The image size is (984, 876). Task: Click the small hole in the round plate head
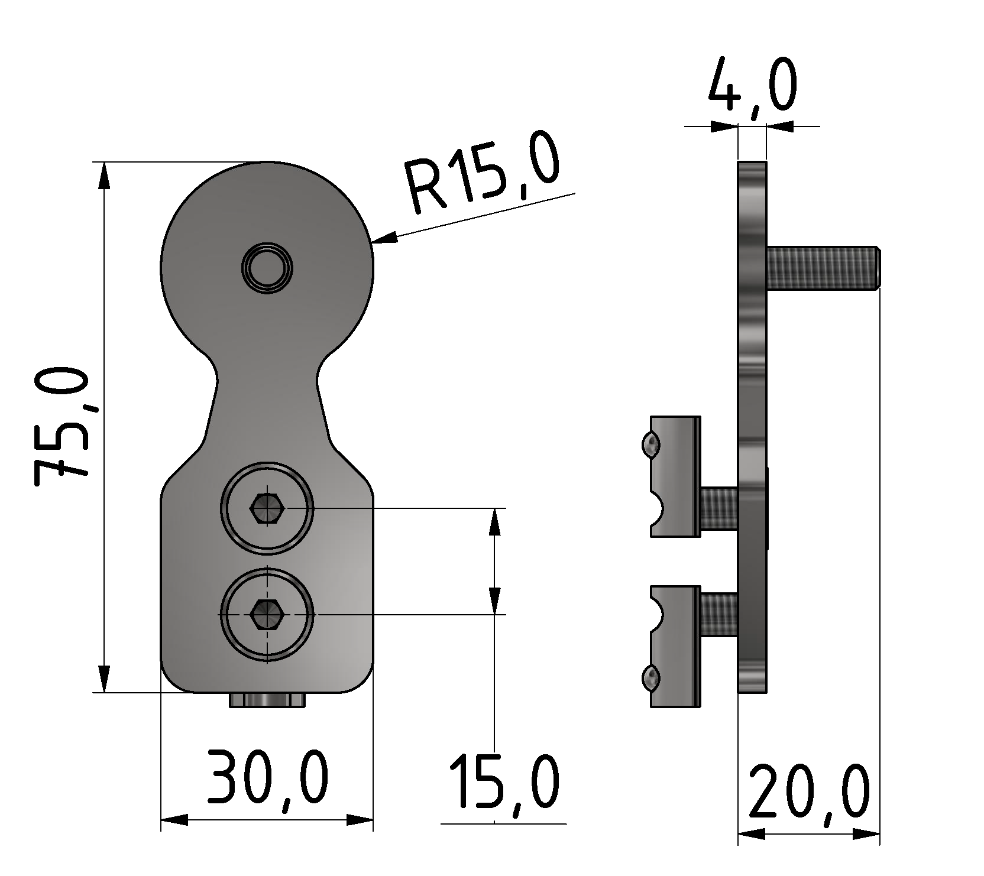click(267, 268)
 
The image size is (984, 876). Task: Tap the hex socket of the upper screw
click(267, 508)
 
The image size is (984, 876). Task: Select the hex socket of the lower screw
click(267, 615)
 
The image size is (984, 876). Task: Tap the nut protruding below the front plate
click(268, 700)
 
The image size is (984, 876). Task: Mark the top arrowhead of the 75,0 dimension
click(103, 175)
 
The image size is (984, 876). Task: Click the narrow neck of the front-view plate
click(267, 378)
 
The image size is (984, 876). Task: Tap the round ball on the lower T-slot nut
click(649, 678)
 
